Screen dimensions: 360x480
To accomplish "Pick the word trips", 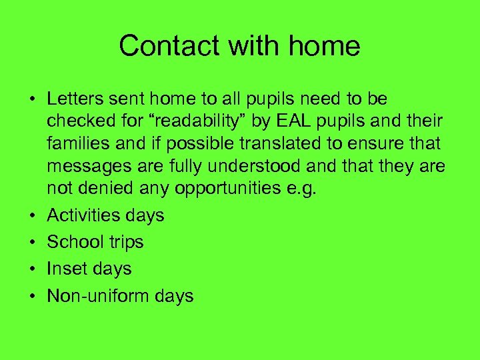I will [x=125, y=243].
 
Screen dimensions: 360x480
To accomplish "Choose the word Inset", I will [x=65, y=269].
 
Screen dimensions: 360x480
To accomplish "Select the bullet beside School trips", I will [x=31, y=243].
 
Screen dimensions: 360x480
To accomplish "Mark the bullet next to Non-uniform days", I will [x=31, y=296].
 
